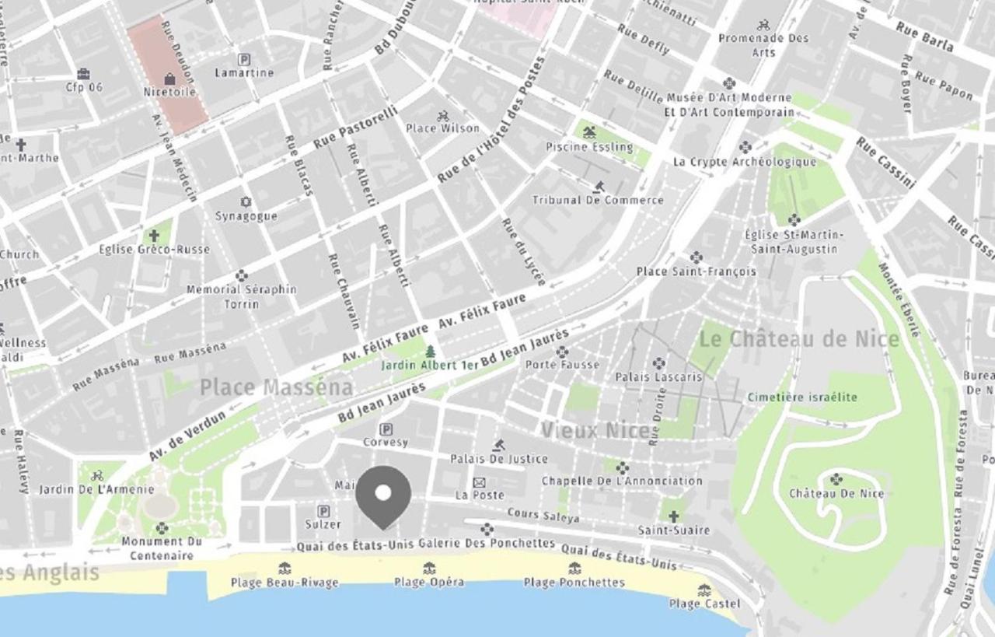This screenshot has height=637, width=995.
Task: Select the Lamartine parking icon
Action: (x=244, y=59)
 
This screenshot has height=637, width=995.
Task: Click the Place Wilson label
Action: (x=443, y=128)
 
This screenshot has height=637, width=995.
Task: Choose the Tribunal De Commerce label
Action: (x=598, y=200)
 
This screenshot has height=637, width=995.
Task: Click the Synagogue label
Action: (x=246, y=216)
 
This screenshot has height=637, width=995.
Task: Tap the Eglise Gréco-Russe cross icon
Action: (x=154, y=235)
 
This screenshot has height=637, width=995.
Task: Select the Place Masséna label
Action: (x=277, y=387)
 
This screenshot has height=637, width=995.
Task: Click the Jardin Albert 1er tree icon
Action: (x=430, y=352)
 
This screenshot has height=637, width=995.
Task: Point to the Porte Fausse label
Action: (x=562, y=364)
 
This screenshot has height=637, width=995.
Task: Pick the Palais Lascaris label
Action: (x=658, y=377)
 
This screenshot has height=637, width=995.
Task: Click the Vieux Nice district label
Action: (x=595, y=430)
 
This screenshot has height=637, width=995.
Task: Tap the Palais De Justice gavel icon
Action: (x=498, y=446)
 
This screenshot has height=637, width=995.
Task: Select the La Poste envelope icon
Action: (x=480, y=483)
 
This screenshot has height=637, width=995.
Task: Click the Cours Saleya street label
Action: (x=543, y=516)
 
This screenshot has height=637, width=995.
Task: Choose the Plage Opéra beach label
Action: (x=428, y=582)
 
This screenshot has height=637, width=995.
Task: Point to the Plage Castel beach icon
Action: (x=704, y=590)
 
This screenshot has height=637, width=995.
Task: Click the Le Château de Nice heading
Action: (x=799, y=339)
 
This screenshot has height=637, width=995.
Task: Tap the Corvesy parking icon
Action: (x=385, y=429)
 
